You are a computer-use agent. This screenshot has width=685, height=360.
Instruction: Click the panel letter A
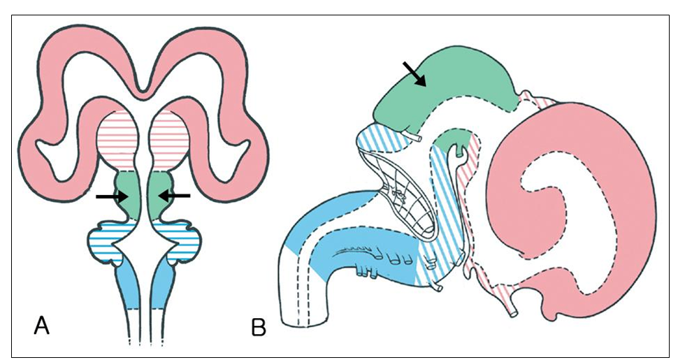tap(42, 324)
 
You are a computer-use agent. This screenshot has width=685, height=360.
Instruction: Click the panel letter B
tap(259, 327)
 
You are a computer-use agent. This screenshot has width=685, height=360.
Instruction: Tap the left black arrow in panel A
tap(112, 197)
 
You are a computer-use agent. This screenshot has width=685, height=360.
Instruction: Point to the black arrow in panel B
tap(415, 73)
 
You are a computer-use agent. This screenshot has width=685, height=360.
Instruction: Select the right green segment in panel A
tap(160, 192)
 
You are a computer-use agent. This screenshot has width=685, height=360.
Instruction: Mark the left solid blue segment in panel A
tap(129, 287)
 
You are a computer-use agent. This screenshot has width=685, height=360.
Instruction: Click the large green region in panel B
tap(454, 87)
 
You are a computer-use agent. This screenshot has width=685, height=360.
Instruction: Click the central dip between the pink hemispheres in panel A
tap(143, 89)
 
